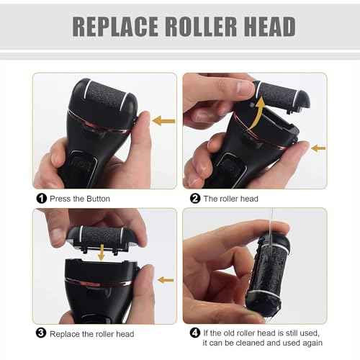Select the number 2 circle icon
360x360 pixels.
point(194,199)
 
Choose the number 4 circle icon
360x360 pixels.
point(194,333)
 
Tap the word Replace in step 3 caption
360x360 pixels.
point(64,333)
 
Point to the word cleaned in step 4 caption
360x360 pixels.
point(264,344)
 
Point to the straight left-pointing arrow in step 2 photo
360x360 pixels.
point(317,148)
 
